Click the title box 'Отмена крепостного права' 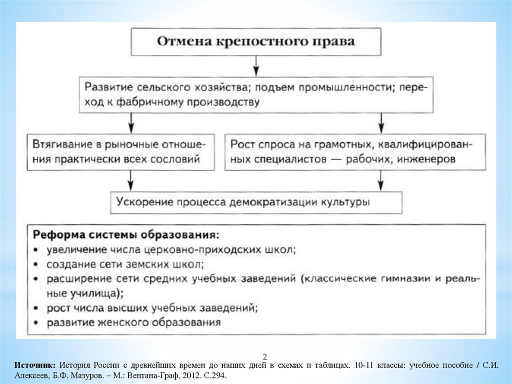(256, 42)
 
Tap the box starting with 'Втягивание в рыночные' (121, 152)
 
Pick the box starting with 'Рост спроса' (354, 152)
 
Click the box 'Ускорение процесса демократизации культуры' (256, 203)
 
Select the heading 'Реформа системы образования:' (126, 235)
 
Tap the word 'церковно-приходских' (211, 249)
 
